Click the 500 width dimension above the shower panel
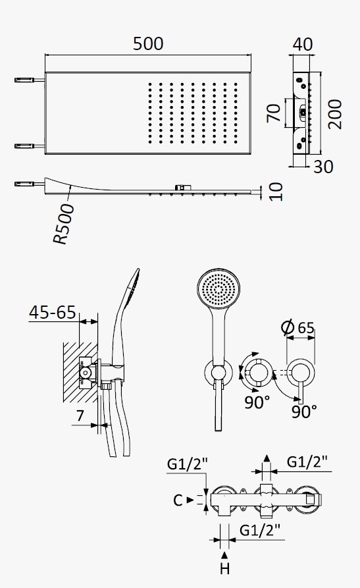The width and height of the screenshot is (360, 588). point(148,44)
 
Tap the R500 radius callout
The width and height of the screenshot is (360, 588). point(64,225)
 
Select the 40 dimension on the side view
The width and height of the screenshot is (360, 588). point(303,44)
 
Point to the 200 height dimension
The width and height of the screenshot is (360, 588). point(335,115)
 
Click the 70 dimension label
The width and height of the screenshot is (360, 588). point(274,113)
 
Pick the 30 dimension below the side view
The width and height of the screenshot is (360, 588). point(323,167)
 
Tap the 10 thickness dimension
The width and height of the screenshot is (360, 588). point(276,192)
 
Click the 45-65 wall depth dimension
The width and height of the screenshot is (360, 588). point(53,312)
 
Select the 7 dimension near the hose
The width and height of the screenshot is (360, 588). point(80,416)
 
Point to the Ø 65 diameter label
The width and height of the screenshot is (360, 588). point(297,328)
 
